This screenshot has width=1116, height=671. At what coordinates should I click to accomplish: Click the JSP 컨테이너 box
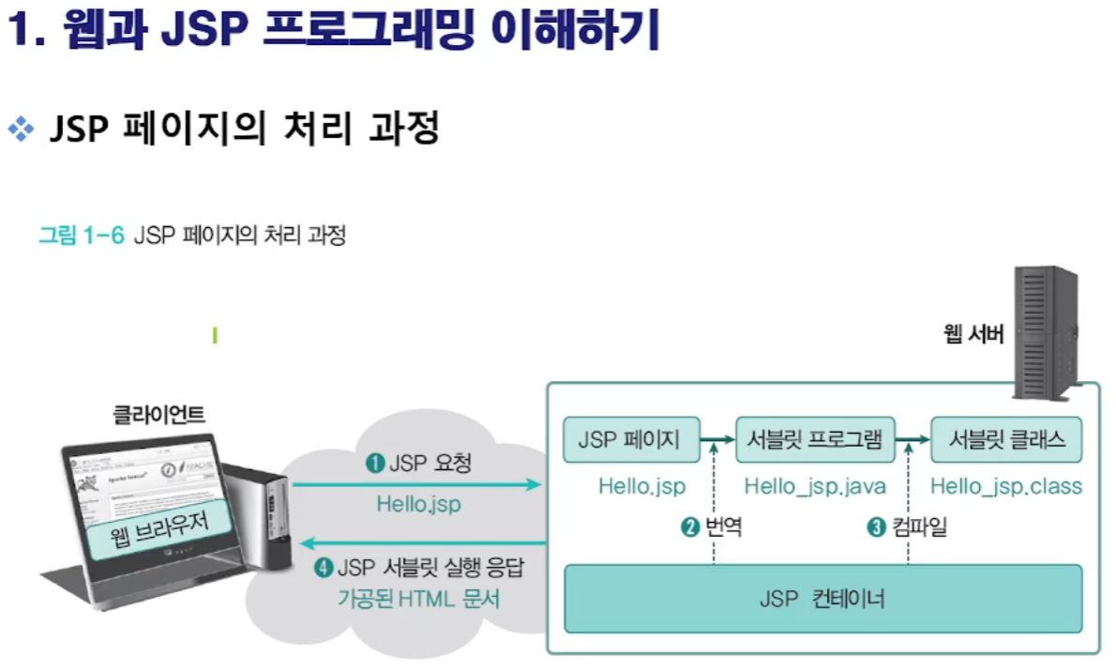point(822,598)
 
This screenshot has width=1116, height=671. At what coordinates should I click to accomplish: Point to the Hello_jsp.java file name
point(815,486)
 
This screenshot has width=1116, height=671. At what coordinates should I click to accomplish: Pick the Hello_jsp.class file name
point(1006,486)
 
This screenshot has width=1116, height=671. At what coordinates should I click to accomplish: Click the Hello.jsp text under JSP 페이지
point(642,486)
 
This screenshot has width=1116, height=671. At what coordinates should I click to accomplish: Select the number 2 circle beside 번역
point(691,527)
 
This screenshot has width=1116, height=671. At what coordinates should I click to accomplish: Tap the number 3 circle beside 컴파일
point(877,527)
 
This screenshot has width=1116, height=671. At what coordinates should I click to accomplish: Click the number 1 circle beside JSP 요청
point(375,464)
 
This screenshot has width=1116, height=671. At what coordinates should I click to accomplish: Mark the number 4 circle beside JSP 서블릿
point(324,568)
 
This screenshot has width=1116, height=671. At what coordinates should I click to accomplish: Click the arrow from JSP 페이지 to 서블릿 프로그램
point(718,439)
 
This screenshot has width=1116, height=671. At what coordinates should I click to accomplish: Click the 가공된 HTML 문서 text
point(418,598)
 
